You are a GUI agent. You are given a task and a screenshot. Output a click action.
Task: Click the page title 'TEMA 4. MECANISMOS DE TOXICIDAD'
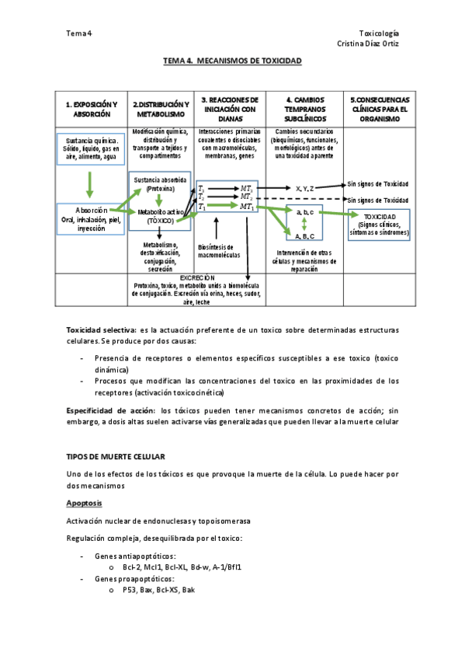pos(232,61)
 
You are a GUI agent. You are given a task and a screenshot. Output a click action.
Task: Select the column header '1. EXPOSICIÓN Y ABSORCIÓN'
pos(92,109)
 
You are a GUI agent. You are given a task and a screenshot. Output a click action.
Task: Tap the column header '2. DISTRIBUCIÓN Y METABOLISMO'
pos(161,109)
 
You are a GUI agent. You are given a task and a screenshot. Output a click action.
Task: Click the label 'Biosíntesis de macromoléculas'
pos(220,251)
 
